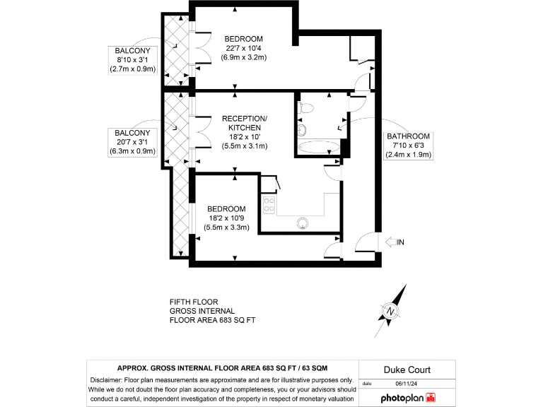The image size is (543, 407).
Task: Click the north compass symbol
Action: click(x=390, y=310)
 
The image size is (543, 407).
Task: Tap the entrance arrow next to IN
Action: click(x=391, y=242)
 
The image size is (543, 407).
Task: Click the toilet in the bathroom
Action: click(x=307, y=108)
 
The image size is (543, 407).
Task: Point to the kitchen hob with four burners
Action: click(x=269, y=206)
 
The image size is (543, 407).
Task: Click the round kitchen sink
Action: click(x=303, y=223)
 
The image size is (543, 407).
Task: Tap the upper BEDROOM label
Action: click(x=244, y=39)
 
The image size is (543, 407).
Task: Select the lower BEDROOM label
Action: click(x=226, y=209)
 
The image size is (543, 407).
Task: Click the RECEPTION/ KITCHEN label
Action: click(x=244, y=122)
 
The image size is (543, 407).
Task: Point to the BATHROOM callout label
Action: click(x=409, y=136)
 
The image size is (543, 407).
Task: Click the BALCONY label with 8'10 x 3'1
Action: click(x=132, y=50)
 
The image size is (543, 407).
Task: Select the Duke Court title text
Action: click(x=407, y=370)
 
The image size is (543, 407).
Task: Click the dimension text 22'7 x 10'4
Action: click(x=244, y=48)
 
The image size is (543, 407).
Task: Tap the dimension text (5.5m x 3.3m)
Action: click(x=226, y=228)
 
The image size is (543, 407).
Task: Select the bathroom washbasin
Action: click(x=303, y=131)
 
